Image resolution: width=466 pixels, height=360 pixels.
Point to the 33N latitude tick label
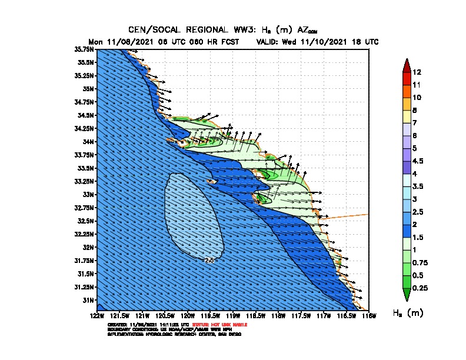(89, 194)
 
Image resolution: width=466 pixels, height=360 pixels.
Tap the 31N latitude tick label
(89, 300)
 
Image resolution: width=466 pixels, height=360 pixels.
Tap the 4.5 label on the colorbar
(418, 161)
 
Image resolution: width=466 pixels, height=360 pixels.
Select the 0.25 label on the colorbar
(420, 288)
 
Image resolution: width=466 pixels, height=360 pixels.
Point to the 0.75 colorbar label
(420, 262)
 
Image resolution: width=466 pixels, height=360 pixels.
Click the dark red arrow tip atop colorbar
(405, 64)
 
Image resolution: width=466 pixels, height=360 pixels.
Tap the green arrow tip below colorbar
(405, 294)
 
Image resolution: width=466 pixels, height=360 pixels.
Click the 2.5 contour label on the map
(209, 259)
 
